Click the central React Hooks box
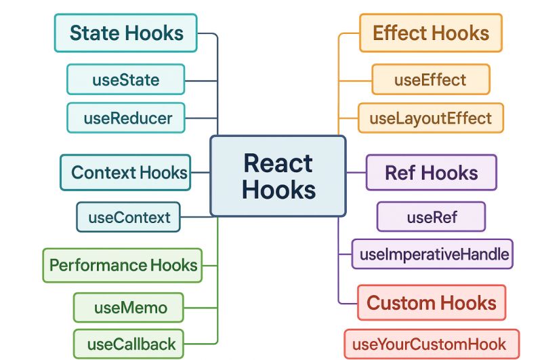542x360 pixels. [x=278, y=176]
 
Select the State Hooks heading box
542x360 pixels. [x=126, y=33]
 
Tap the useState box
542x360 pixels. [x=126, y=79]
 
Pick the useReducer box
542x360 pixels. [x=126, y=118]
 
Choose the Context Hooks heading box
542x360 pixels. [x=125, y=172]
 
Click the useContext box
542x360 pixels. [x=129, y=218]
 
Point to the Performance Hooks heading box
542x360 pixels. [x=123, y=265]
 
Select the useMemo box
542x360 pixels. [x=129, y=307]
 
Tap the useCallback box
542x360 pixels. [x=129, y=344]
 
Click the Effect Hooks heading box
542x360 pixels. [x=431, y=33]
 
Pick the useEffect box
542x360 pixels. [x=431, y=79]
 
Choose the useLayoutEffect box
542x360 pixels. [x=431, y=118]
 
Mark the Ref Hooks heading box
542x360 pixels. [x=432, y=172]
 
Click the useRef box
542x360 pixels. [x=432, y=217]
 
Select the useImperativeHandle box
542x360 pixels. [x=432, y=254]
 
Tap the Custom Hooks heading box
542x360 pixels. [x=432, y=302]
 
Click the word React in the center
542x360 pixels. [x=278, y=163]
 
